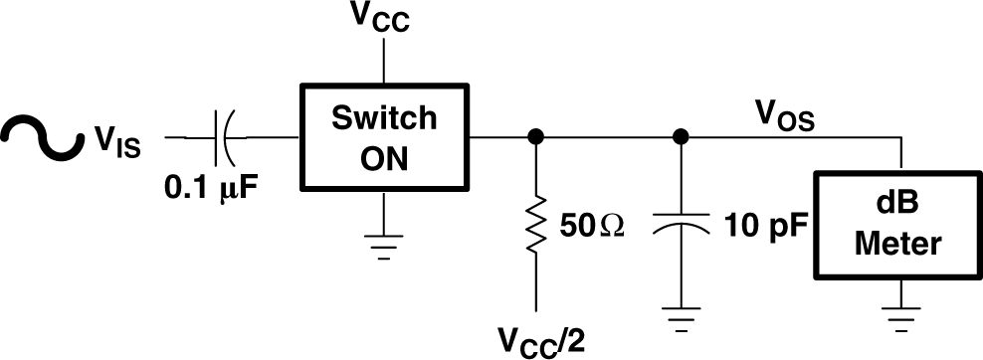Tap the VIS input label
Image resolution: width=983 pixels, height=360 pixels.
click(x=117, y=147)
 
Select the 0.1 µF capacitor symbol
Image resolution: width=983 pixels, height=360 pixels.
click(x=223, y=136)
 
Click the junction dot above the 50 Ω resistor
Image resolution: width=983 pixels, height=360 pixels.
click(x=536, y=136)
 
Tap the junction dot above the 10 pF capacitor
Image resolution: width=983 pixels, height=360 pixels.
click(x=682, y=136)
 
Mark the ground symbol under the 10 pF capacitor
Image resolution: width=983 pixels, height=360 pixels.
click(x=682, y=316)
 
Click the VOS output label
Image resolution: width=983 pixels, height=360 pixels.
click(x=784, y=119)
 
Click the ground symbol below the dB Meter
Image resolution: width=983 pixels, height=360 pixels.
click(x=900, y=316)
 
